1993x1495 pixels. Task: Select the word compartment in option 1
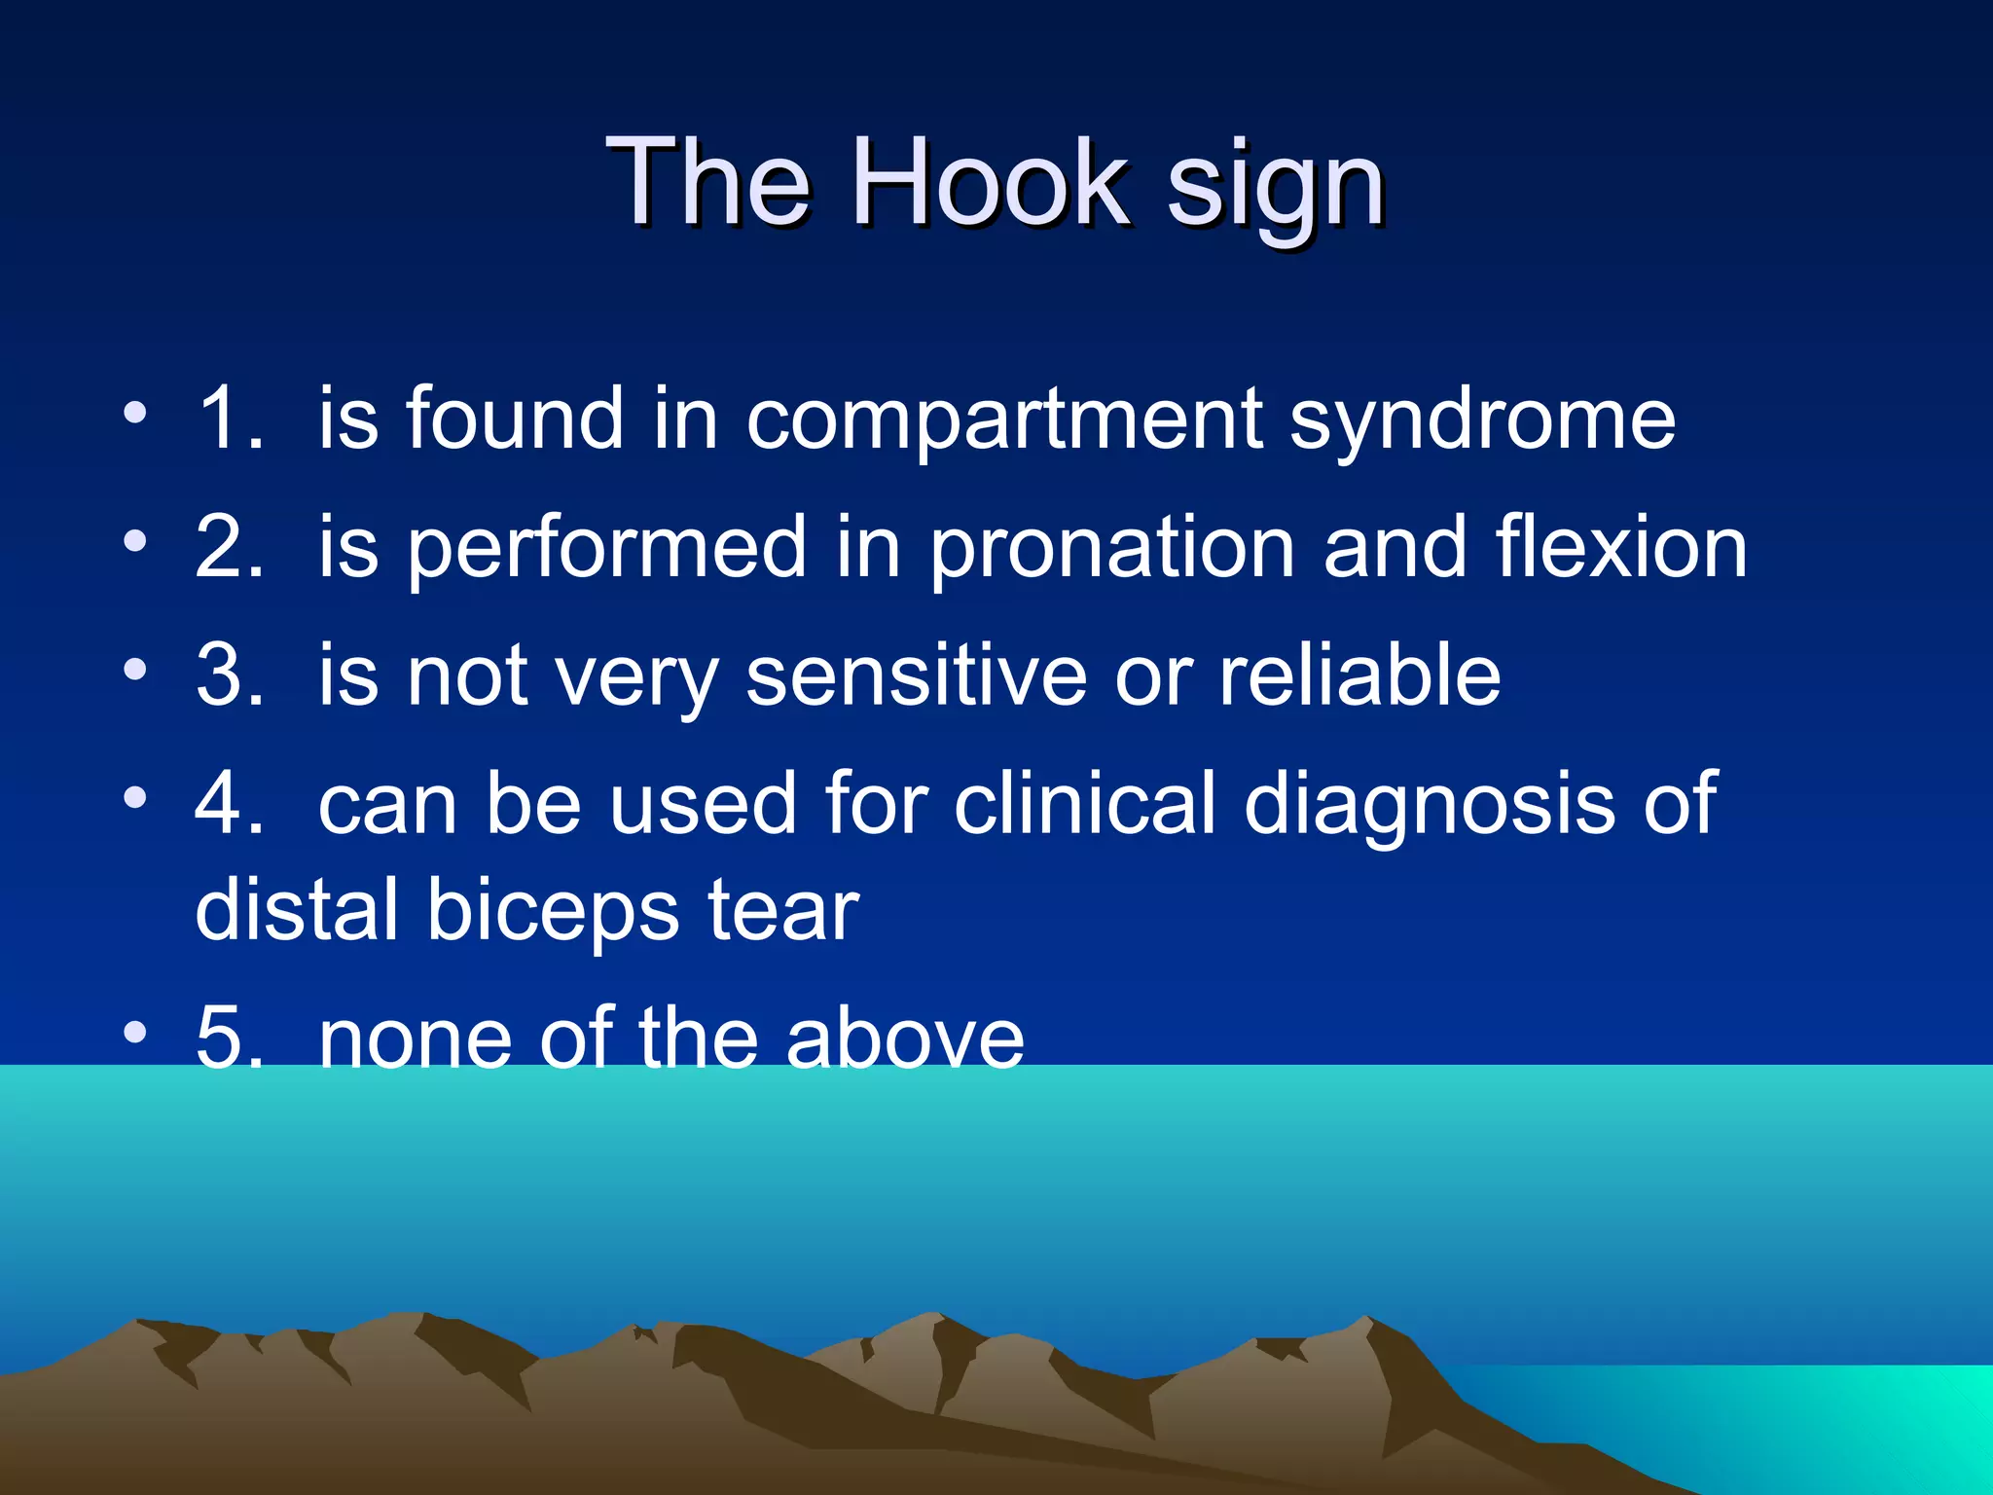1004,420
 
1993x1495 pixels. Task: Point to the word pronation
1110,550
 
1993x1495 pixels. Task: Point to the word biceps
553,912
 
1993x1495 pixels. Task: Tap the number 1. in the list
230,419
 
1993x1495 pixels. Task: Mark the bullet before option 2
135,540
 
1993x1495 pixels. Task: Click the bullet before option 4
135,797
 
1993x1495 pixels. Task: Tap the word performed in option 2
606,550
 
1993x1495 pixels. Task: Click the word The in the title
707,183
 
